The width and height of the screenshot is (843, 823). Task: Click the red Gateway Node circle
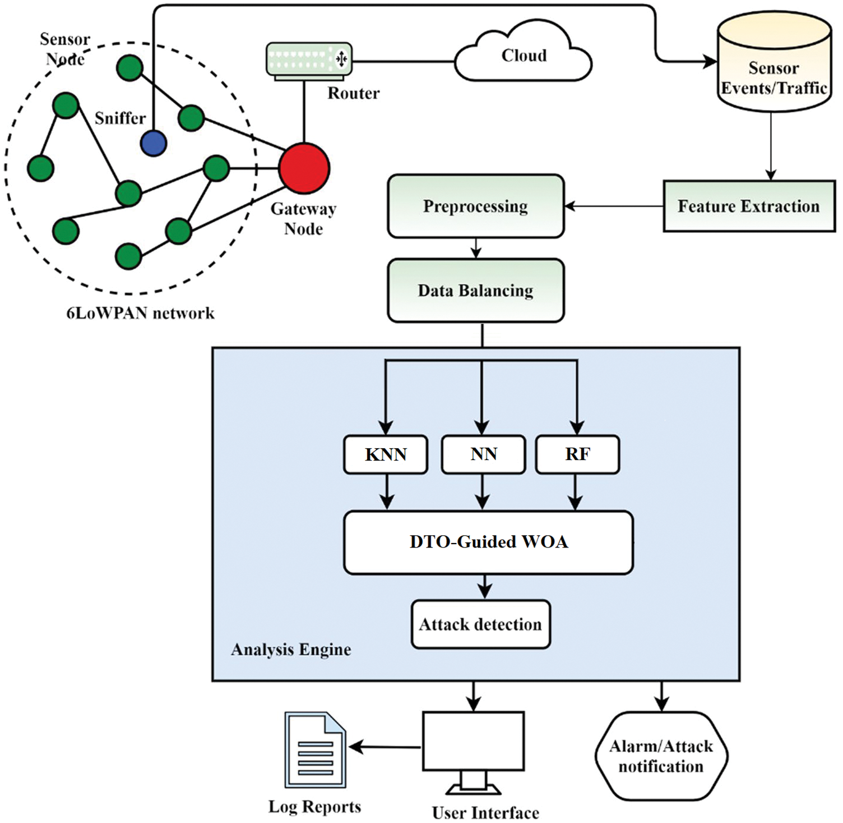(304, 168)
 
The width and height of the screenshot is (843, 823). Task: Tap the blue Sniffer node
(154, 143)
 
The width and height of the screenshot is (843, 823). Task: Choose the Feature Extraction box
(749, 206)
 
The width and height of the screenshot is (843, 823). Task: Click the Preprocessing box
(475, 206)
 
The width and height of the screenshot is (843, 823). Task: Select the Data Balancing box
(475, 290)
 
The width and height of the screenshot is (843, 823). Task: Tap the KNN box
(386, 454)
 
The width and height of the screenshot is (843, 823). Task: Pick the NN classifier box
(483, 454)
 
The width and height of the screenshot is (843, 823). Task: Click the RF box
(577, 454)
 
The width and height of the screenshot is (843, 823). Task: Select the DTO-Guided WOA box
(488, 542)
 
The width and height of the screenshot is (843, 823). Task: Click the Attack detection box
(480, 624)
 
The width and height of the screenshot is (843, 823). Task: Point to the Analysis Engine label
(291, 650)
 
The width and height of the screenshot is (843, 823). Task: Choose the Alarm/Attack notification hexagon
(661, 756)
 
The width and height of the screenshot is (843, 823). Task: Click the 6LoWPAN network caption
(140, 313)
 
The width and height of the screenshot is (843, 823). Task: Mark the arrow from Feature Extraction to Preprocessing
(614, 206)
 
